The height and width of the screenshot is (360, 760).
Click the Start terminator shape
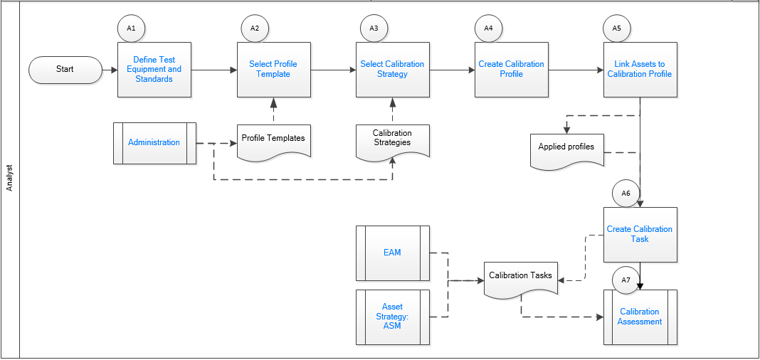65,69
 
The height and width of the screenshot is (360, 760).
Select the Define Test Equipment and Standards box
154,70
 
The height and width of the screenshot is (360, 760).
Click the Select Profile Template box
273,70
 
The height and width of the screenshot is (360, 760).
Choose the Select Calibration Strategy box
392,70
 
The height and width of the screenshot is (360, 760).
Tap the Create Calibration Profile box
511,70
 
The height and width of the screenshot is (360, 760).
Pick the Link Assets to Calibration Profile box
640,70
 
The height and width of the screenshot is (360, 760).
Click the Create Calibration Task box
640,235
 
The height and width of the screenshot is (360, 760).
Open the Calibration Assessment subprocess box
640,317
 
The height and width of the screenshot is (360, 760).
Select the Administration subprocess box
154,143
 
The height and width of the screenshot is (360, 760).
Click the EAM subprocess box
392,253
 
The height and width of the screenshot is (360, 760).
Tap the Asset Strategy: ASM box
392,317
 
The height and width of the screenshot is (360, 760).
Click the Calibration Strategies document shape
392,139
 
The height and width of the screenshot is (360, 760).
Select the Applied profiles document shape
566,149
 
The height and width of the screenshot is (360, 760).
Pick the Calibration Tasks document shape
520,277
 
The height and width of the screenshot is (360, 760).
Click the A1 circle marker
131,28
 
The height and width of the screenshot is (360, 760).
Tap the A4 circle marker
488,28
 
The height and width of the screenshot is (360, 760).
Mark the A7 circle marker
626,280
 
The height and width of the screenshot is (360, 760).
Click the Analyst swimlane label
10,178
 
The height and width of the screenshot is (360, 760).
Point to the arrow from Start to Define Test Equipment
110,70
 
